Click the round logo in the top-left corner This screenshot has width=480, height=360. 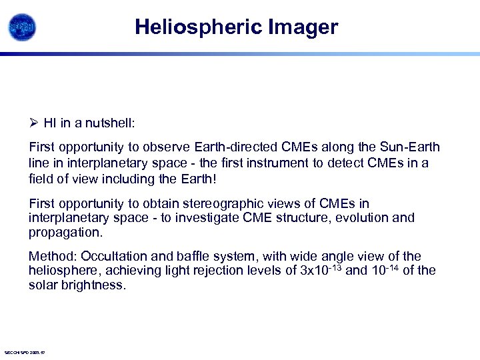22,27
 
